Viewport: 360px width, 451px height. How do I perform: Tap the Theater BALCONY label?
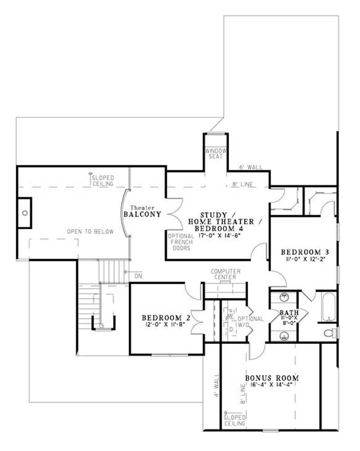coord(142,211)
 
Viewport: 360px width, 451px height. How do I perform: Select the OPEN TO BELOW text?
coord(90,232)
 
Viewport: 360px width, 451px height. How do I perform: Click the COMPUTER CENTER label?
coord(225,275)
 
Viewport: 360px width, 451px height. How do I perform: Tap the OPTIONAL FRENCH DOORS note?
coord(181,242)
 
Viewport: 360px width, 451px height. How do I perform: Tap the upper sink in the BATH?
coord(284,297)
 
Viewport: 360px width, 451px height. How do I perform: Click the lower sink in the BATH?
coord(284,335)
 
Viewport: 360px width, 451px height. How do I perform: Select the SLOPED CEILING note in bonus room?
coord(234,420)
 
